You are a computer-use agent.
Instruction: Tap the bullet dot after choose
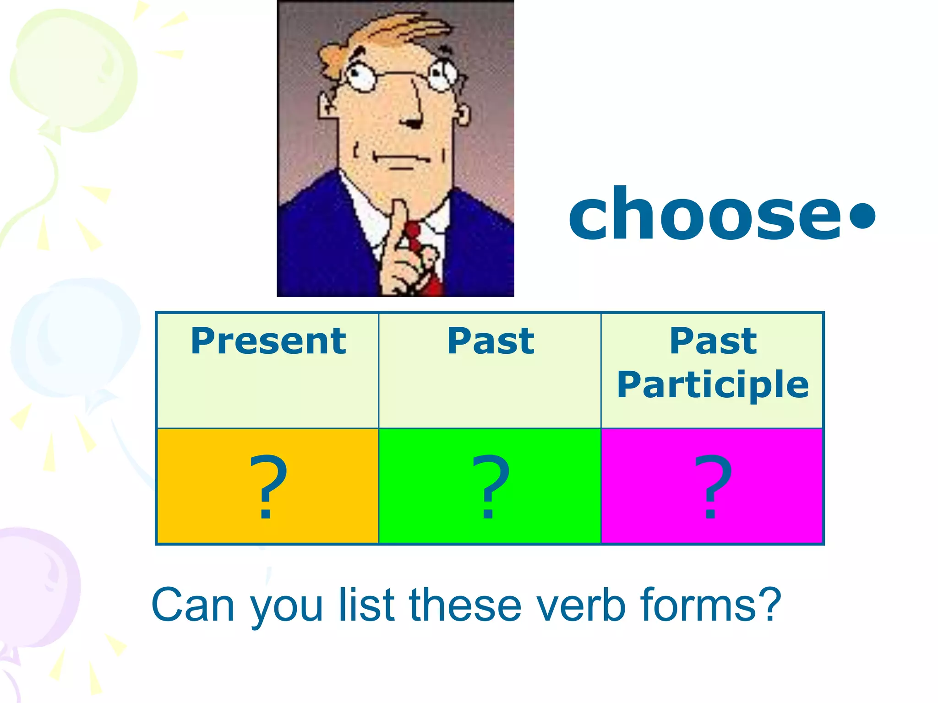862,215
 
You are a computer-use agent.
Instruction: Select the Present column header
268,341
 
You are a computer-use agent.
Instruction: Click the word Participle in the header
713,384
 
